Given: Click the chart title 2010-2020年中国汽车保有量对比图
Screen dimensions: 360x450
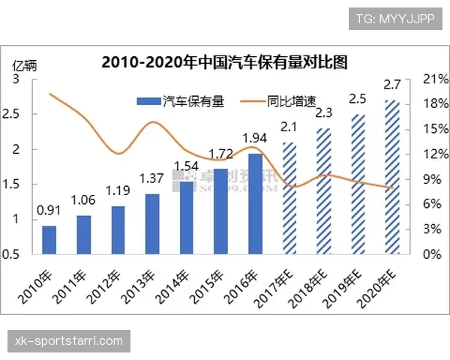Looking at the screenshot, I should pos(225,61).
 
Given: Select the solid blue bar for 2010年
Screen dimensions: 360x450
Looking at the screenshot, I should pos(49,239).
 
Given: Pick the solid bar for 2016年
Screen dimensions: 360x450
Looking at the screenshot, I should pos(256,203).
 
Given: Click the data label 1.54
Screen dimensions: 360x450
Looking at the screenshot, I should pos(187,166).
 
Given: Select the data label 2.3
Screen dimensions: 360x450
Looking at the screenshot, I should pos(324,113).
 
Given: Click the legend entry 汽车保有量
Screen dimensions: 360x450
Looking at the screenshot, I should pos(181,100).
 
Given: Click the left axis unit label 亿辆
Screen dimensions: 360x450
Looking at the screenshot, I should pos(23,62).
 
